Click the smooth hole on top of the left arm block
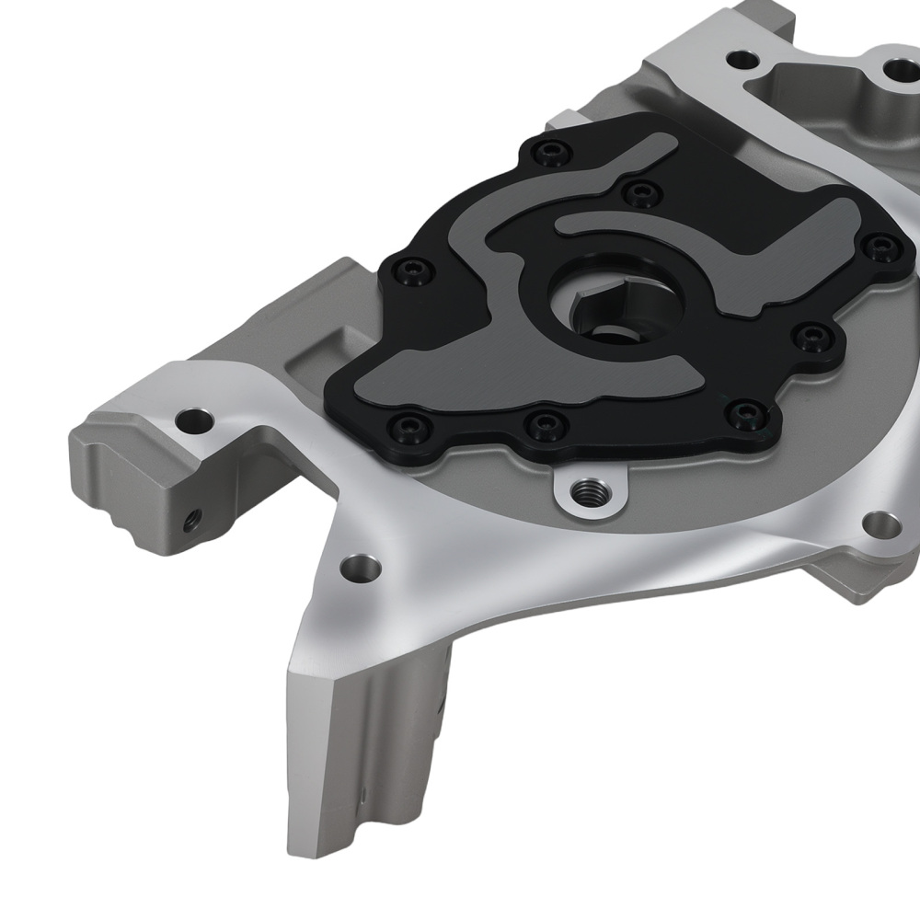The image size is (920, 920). click(x=194, y=422)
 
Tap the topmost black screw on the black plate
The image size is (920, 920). click(x=552, y=152)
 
